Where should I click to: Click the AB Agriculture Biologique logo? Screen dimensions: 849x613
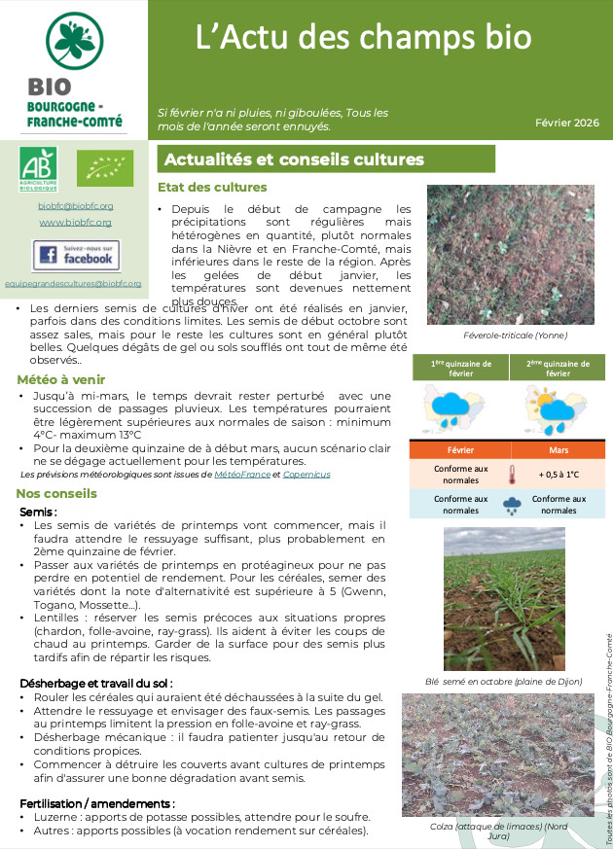[38, 168]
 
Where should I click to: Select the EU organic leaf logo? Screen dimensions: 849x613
[104, 167]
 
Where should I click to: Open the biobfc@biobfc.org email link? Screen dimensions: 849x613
[76, 206]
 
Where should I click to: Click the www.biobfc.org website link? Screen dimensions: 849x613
[76, 223]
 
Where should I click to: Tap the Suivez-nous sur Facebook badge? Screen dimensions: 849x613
[76, 256]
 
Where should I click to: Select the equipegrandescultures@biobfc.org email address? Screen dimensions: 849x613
[73, 284]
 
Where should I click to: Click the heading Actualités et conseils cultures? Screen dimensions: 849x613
[294, 159]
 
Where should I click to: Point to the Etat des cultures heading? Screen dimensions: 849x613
[211, 188]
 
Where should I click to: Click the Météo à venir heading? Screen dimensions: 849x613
[60, 379]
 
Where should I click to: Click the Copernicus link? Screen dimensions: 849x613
[306, 475]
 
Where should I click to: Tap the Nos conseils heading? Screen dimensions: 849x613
[56, 493]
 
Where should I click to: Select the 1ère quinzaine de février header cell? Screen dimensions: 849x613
[459, 369]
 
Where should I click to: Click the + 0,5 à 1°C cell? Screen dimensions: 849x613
[558, 475]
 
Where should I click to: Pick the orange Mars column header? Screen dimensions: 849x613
[558, 450]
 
